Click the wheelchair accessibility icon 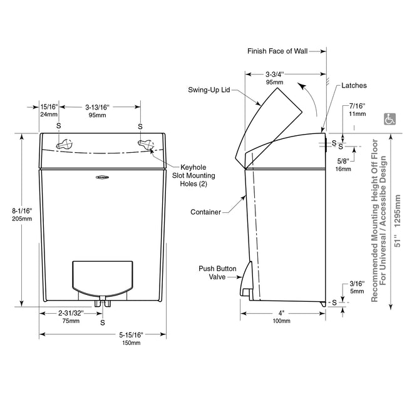pyautogui.click(x=389, y=118)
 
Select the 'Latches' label pyautogui.click(x=354, y=85)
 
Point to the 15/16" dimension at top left pyautogui.click(x=49, y=110)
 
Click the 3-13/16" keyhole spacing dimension pyautogui.click(x=97, y=110)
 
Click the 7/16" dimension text pyautogui.click(x=358, y=110)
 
